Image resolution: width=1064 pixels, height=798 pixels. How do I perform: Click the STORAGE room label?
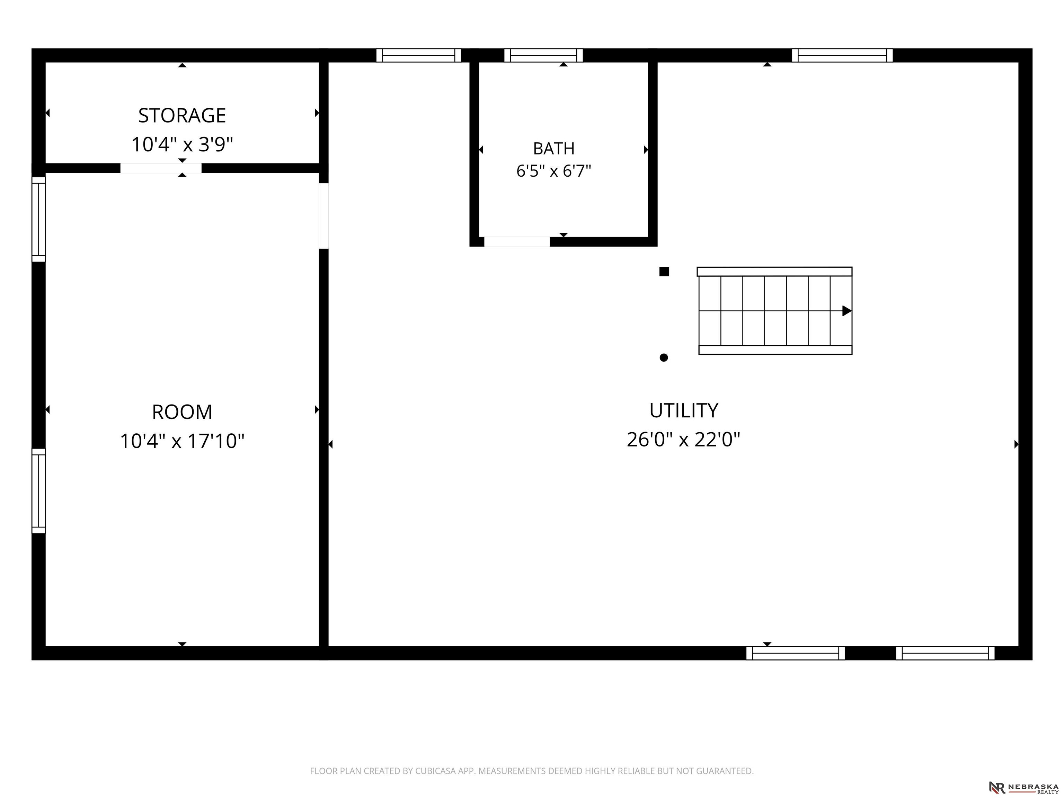pos(182,115)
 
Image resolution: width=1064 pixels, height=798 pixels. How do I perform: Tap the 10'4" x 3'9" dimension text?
pos(182,144)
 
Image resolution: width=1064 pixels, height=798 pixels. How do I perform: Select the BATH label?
pos(553,149)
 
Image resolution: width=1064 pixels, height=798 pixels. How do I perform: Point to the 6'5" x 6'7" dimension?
pos(553,171)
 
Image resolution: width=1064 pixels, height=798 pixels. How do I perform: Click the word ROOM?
pos(182,412)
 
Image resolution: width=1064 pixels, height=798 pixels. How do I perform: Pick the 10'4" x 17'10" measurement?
pos(182,441)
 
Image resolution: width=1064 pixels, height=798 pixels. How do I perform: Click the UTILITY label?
pos(683,410)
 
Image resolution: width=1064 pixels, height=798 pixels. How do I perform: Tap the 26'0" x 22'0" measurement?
pos(683,439)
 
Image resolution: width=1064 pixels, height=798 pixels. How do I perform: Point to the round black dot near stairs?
pos(664,357)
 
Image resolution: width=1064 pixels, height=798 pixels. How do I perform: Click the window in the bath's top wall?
pos(543,55)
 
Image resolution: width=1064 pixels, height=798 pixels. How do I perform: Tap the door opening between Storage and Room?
pos(161,168)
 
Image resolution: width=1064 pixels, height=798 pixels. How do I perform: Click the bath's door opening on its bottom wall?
pos(517,242)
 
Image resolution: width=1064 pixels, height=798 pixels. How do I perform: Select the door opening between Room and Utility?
pos(324,216)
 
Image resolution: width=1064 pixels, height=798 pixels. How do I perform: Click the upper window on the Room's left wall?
pos(38,219)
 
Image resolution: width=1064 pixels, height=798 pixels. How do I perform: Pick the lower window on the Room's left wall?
pos(38,491)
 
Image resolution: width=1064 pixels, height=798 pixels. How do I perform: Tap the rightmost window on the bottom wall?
pos(945,653)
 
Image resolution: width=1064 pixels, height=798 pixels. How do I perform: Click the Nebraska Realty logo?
pos(1023,787)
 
